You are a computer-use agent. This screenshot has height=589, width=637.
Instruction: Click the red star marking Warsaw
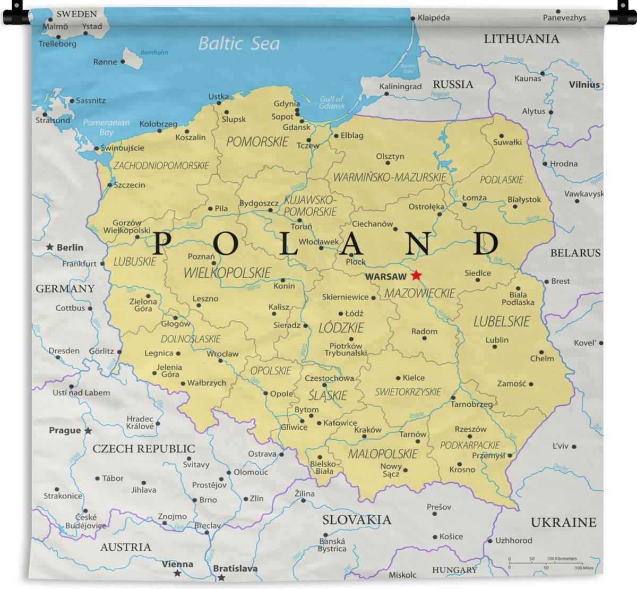click(416, 275)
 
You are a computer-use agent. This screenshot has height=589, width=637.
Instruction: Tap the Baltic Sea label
click(238, 43)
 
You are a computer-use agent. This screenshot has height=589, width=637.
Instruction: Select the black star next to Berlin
click(49, 247)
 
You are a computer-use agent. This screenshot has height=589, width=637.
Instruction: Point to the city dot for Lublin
click(495, 347)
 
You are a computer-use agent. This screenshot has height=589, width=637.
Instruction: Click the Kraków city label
click(368, 430)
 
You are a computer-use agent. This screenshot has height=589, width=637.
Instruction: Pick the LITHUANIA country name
click(521, 39)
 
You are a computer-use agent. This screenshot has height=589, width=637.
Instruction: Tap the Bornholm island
click(132, 57)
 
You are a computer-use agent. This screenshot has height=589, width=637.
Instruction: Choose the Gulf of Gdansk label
click(332, 103)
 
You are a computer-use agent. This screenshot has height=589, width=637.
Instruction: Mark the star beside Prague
click(88, 431)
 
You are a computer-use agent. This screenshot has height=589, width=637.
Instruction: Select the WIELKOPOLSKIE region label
click(227, 273)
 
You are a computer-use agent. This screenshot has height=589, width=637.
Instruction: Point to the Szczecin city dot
click(110, 185)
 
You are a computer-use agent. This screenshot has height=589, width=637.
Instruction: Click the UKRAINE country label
click(563, 523)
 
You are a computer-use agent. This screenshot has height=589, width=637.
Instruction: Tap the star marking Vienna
click(177, 574)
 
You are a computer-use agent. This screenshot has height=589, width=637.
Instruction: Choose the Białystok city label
click(524, 200)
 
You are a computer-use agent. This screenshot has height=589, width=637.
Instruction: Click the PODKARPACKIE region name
click(470, 445)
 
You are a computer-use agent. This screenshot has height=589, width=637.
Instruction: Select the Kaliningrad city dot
click(386, 94)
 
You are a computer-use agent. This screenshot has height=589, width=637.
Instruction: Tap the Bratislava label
click(235, 568)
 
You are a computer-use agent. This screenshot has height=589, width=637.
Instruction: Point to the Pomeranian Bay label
click(106, 127)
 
